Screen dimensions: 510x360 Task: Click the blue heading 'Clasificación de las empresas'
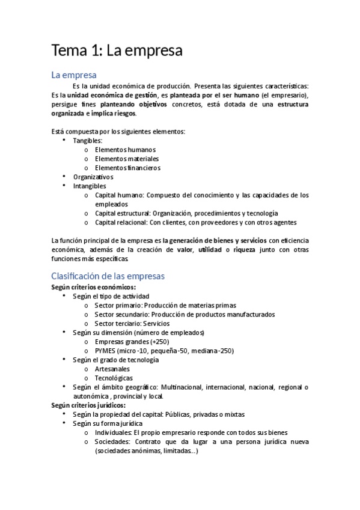tap(108, 276)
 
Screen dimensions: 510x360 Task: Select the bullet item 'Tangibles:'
tap(88, 140)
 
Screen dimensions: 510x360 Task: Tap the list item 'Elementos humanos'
tap(125, 150)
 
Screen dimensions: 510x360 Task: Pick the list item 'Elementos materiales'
tap(127, 159)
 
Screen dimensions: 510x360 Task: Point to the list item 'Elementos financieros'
tap(127, 168)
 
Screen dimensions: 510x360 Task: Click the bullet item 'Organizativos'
tap(93, 177)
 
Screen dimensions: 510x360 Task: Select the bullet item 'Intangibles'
tap(90, 186)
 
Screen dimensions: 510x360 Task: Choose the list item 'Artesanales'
tap(112, 369)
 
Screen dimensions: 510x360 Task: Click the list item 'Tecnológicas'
tap(114, 378)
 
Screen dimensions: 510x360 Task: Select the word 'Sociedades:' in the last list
tap(112, 441)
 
